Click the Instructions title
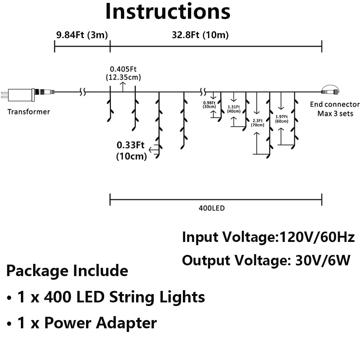(x=168, y=12)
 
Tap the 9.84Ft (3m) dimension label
(x=82, y=35)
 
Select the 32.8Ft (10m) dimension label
(x=200, y=35)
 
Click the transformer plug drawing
(x=28, y=94)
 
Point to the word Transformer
(x=29, y=112)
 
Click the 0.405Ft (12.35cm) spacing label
(x=123, y=73)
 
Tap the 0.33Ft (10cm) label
(x=131, y=150)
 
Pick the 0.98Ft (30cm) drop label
(x=209, y=105)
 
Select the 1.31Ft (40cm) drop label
(x=234, y=109)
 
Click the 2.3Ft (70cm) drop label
(x=258, y=123)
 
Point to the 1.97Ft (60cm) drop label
(x=282, y=119)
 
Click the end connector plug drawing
(x=330, y=90)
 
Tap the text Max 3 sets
(x=335, y=113)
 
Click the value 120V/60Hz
(x=317, y=237)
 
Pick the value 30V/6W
(x=323, y=260)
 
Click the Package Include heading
(x=67, y=271)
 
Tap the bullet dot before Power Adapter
(x=9, y=324)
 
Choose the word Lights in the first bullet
(x=182, y=297)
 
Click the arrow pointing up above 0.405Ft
(x=123, y=87)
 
